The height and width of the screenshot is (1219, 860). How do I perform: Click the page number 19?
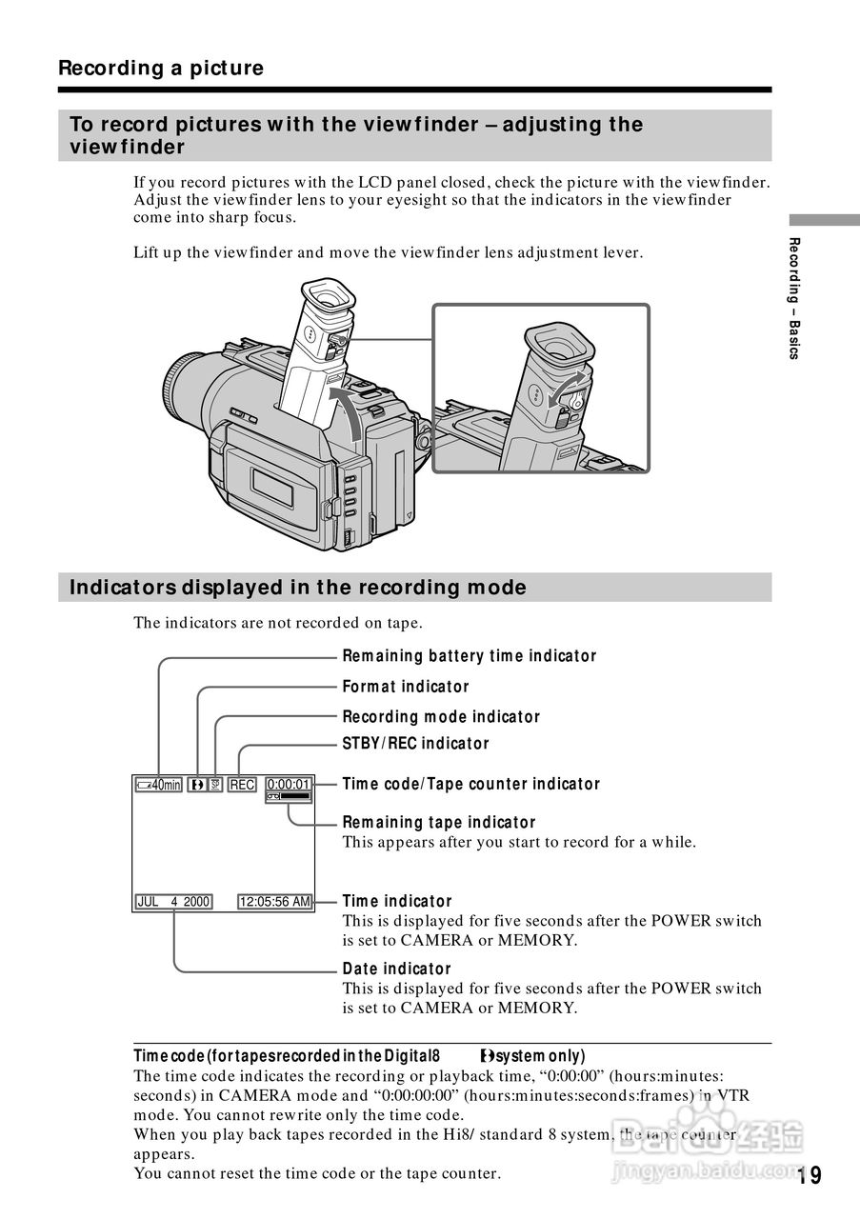tap(810, 1175)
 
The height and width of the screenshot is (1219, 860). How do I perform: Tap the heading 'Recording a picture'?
tap(161, 69)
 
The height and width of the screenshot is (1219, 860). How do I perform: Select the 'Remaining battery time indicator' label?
tap(469, 656)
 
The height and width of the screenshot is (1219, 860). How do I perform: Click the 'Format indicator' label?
tap(406, 687)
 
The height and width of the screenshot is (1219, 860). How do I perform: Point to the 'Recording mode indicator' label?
tap(441, 717)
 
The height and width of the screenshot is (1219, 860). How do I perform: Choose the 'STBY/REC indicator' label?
tap(415, 744)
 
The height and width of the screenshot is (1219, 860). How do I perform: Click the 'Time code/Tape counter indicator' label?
tap(471, 785)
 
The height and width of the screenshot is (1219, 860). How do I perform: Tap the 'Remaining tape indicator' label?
tap(439, 823)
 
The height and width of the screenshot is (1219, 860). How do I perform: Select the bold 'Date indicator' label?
tap(397, 969)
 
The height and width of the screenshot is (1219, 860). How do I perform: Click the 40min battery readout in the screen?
tap(158, 785)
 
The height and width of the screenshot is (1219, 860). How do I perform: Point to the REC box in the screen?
tap(242, 785)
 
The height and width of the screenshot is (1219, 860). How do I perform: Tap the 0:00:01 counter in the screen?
tap(289, 785)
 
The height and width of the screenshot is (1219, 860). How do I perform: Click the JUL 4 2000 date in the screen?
tap(173, 902)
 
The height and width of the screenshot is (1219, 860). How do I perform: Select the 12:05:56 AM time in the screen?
tap(275, 902)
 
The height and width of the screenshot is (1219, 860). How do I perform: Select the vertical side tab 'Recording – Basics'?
tap(794, 298)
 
